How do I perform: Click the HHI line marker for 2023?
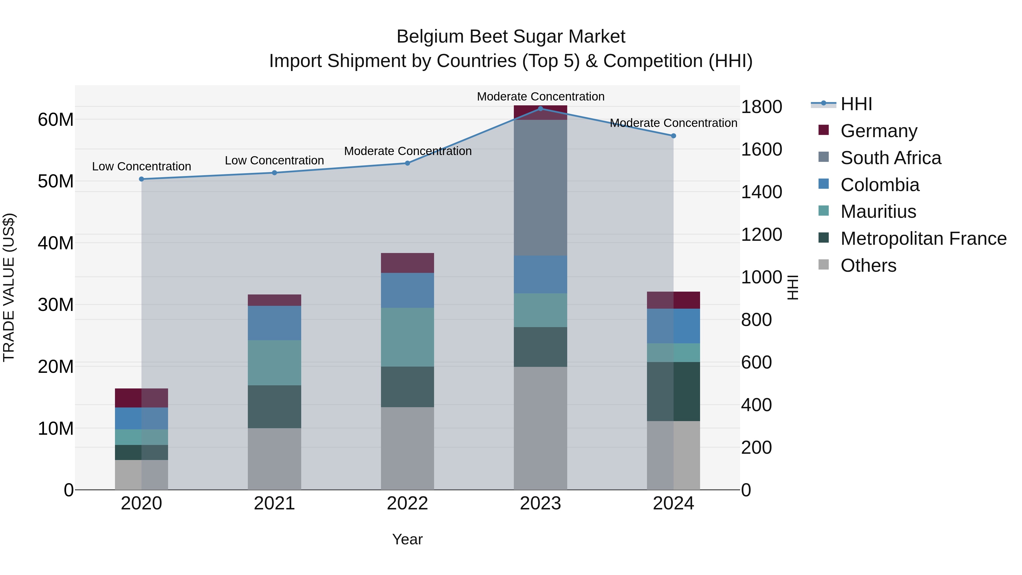(540, 108)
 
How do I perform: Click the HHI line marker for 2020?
(142, 179)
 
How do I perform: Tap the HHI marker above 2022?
(407, 163)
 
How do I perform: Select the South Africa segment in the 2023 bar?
(540, 188)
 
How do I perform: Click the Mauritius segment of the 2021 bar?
(275, 363)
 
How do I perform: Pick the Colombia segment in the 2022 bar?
(407, 290)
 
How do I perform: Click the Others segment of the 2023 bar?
(540, 428)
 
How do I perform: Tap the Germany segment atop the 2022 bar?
(407, 263)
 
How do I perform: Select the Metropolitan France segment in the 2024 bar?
(673, 391)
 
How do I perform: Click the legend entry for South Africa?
(891, 158)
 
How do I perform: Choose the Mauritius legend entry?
(878, 212)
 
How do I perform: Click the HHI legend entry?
(856, 104)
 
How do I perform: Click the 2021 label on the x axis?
(275, 503)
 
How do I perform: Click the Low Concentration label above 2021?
(275, 160)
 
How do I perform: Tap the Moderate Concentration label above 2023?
(540, 97)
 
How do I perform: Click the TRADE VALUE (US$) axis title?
(9, 287)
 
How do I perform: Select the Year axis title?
(407, 539)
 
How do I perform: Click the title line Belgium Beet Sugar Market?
(511, 37)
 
